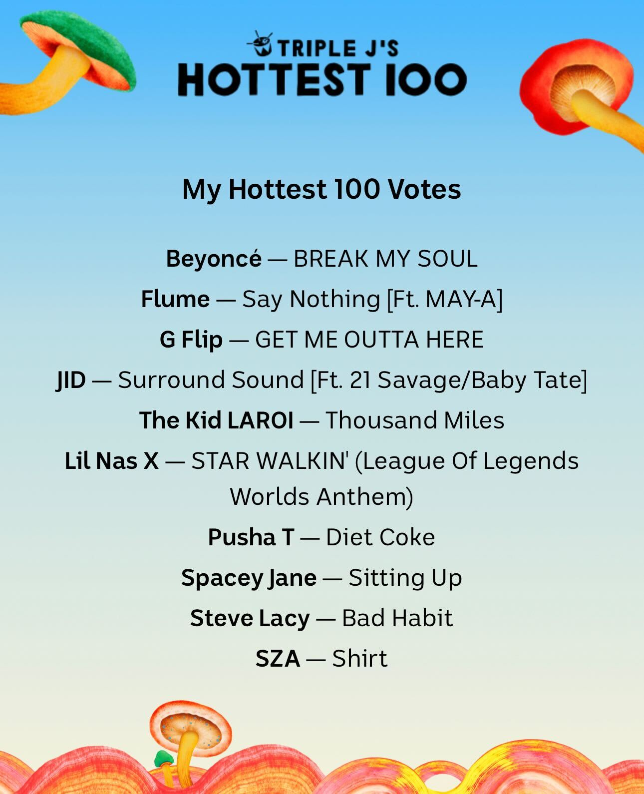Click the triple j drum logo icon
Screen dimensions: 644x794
tap(260, 43)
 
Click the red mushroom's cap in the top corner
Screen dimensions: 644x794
tap(576, 86)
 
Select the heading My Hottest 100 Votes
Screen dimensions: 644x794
tap(322, 190)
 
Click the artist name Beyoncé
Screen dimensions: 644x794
tap(214, 258)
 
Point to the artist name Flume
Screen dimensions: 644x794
tap(175, 299)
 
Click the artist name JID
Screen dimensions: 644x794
tap(70, 380)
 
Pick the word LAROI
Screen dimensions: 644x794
tap(260, 420)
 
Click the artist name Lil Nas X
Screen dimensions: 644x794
tap(112, 461)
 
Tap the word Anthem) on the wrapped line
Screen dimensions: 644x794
tap(365, 497)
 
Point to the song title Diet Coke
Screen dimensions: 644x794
tap(380, 537)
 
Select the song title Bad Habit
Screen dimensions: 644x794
tap(397, 618)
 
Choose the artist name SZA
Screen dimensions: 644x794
tap(278, 659)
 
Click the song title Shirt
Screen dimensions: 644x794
tap(359, 659)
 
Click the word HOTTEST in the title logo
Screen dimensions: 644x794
tap(275, 79)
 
